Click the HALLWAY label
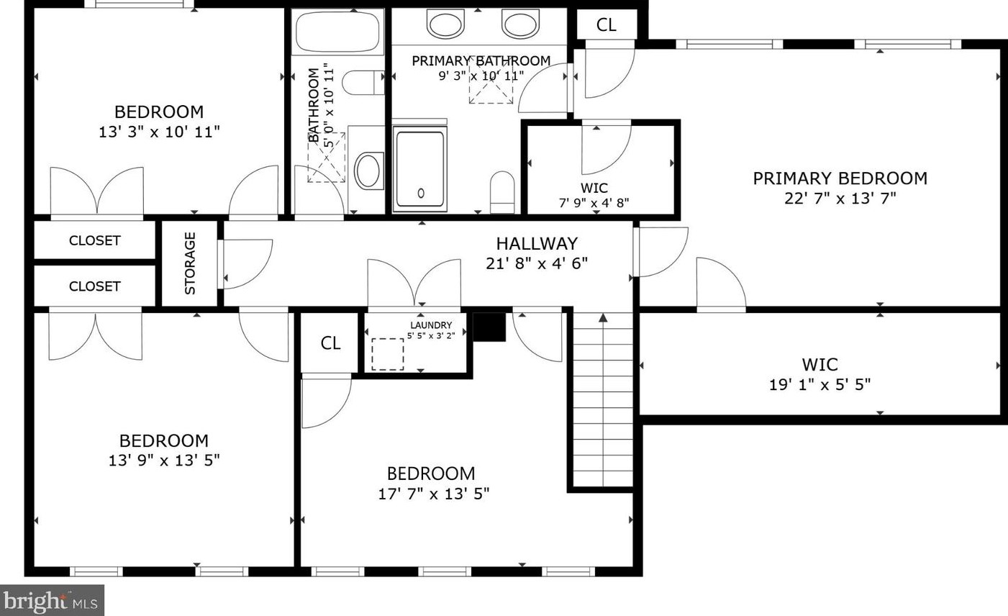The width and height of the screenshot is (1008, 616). pyautogui.click(x=537, y=243)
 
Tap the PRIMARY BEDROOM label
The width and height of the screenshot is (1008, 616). pyautogui.click(x=840, y=178)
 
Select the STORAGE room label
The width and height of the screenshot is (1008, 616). pyautogui.click(x=190, y=263)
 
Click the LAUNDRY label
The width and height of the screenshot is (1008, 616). pyautogui.click(x=431, y=325)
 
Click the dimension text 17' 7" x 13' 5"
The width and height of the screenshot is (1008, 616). pyautogui.click(x=433, y=494)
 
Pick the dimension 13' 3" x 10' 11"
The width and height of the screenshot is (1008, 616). pyautogui.click(x=159, y=132)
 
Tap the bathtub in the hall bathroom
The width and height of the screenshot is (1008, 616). pyautogui.click(x=337, y=32)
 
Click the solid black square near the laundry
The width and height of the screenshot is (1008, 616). pyautogui.click(x=489, y=327)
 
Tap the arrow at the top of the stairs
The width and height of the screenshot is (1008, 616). pyautogui.click(x=603, y=317)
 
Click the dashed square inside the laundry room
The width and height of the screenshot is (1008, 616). pyautogui.click(x=388, y=355)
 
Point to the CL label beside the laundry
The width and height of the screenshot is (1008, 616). pyautogui.click(x=331, y=343)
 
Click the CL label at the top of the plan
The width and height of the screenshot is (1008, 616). pyautogui.click(x=606, y=25)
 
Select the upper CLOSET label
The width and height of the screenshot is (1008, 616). pyautogui.click(x=94, y=241)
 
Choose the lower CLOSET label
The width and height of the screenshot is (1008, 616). pyautogui.click(x=94, y=286)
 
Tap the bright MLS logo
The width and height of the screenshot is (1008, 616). pyautogui.click(x=52, y=601)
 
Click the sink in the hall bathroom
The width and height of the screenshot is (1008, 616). pyautogui.click(x=369, y=171)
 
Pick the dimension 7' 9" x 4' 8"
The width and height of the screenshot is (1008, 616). pyautogui.click(x=594, y=203)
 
